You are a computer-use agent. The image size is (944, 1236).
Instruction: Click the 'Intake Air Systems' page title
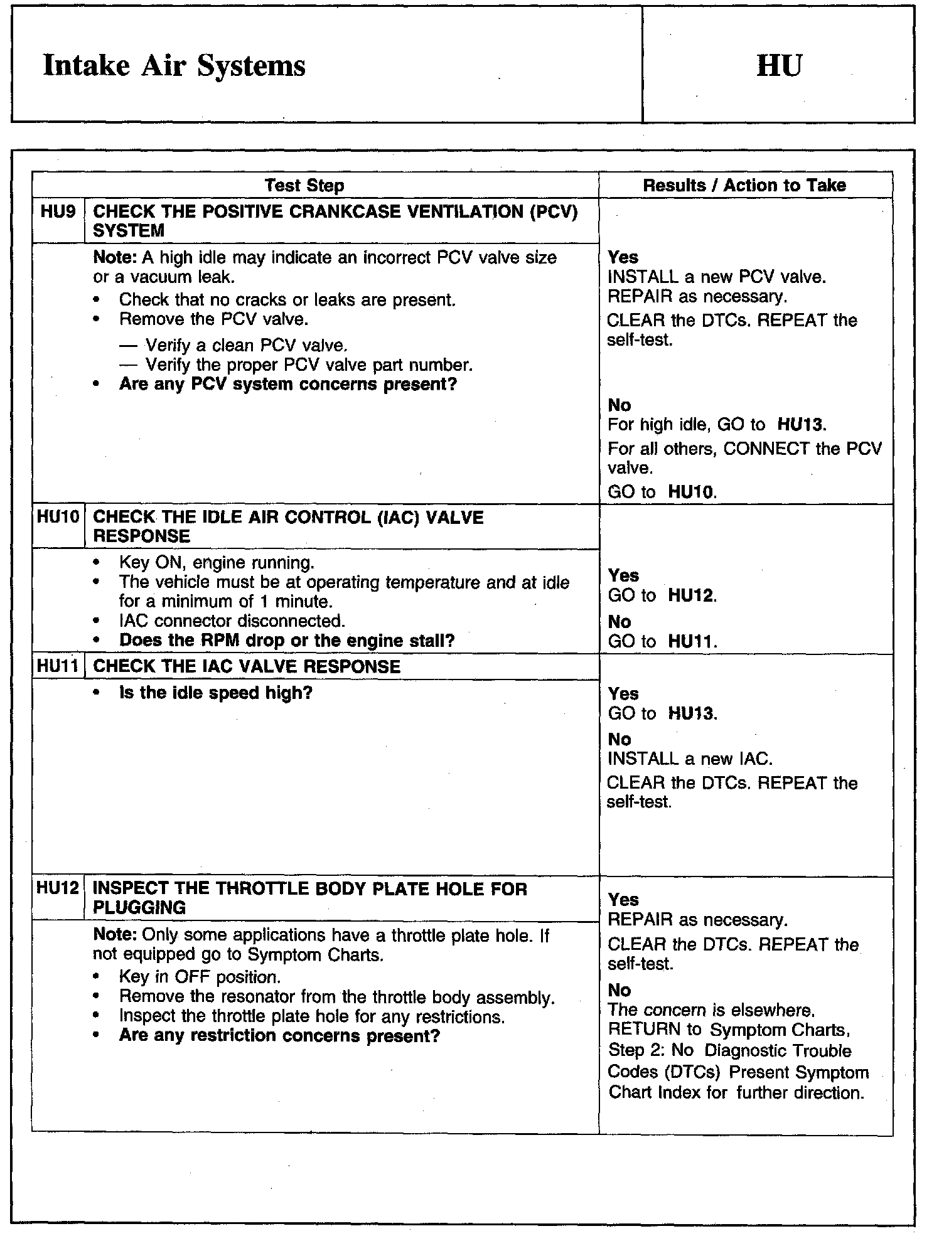[174, 66]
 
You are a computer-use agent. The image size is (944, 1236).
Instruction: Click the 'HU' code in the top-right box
[779, 65]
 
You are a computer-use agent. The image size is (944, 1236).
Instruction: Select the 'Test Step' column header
[304, 185]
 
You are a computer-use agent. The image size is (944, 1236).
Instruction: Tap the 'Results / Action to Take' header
[744, 185]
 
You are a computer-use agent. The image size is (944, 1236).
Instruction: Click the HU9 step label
[58, 212]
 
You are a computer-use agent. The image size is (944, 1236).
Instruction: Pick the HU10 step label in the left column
[58, 518]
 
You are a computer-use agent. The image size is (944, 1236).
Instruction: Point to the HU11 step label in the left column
[58, 666]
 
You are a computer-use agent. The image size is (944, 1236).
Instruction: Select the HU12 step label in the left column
[58, 888]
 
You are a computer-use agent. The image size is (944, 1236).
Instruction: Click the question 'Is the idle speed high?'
[215, 693]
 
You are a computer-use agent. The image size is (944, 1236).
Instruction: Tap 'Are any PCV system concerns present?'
[288, 384]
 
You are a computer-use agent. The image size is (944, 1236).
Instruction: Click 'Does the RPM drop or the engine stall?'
[287, 641]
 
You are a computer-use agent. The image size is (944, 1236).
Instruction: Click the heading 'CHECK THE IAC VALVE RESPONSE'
[246, 666]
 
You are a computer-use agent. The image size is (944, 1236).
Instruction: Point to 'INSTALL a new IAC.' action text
[690, 759]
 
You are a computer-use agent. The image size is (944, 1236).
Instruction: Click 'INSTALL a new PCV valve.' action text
[717, 277]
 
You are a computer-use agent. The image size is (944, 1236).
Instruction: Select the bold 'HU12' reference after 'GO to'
[691, 595]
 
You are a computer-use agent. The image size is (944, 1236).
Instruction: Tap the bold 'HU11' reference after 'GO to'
[691, 641]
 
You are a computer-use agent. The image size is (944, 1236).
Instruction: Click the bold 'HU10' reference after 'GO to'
[691, 492]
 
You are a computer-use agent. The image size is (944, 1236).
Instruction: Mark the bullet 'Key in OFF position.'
[200, 977]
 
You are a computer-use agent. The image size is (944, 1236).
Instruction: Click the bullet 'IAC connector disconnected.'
[232, 621]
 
